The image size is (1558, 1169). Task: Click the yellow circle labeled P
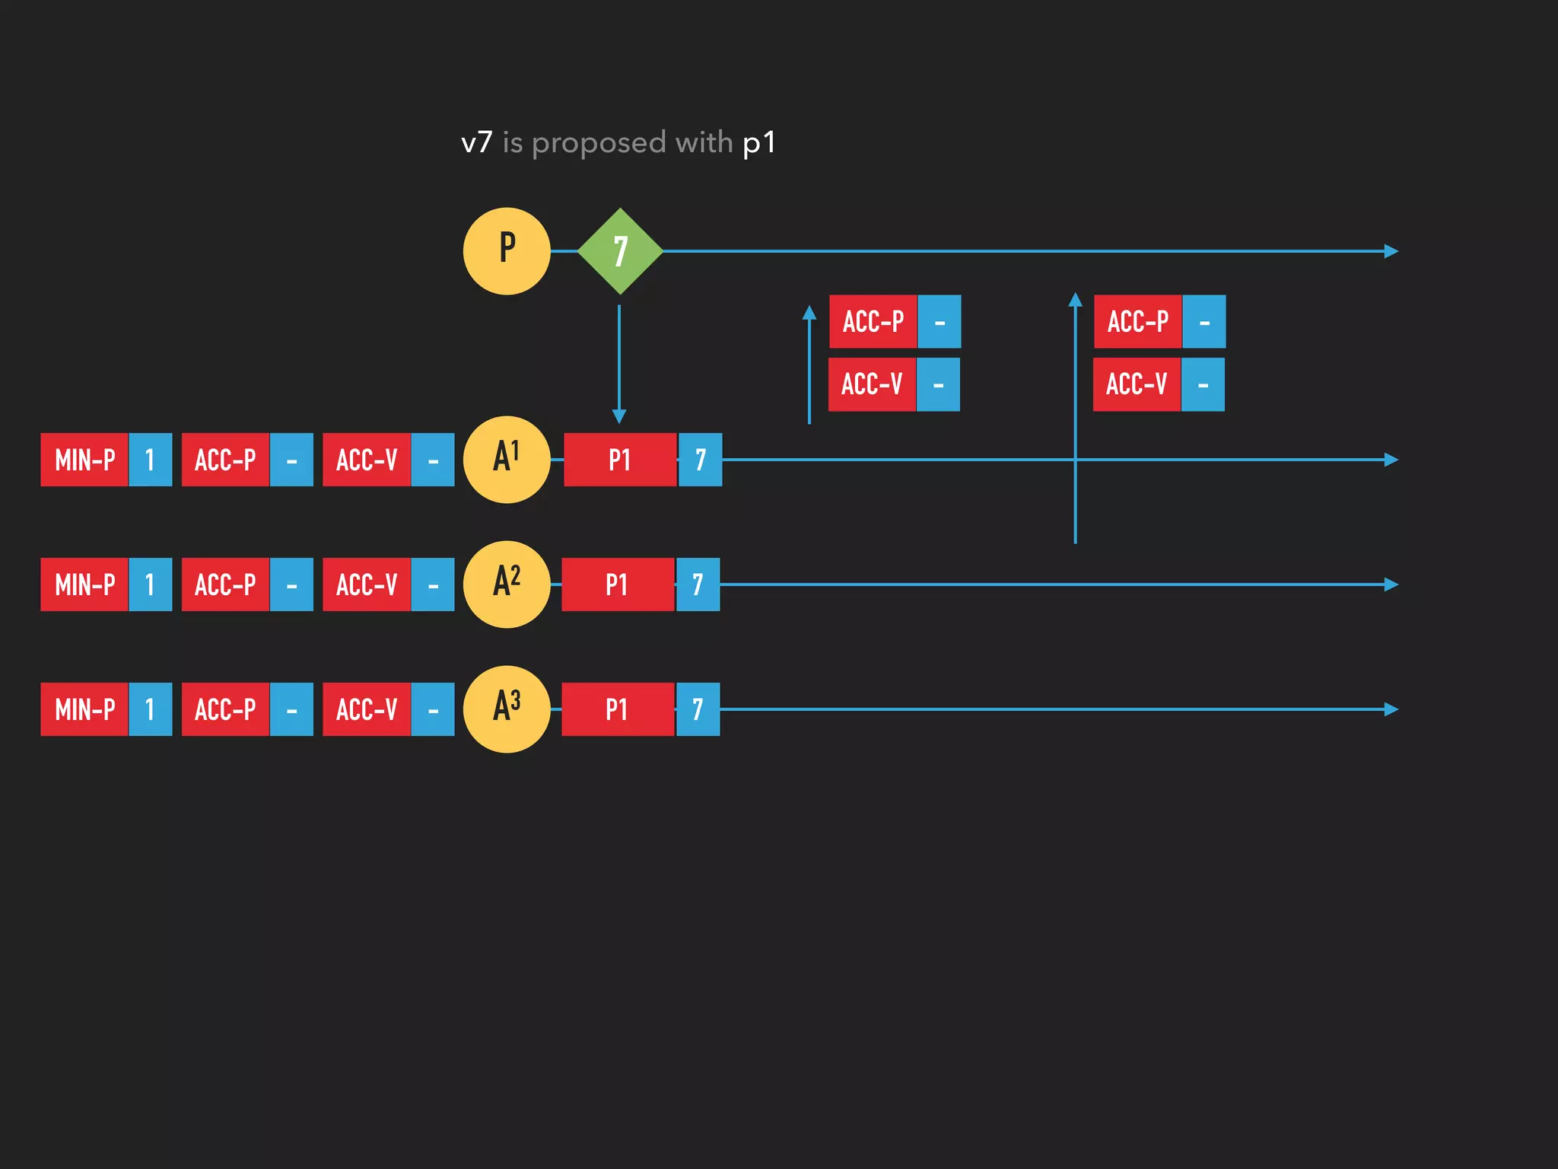[x=507, y=251]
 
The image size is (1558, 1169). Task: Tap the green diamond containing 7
[x=620, y=251]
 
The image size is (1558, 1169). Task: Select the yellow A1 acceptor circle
[x=507, y=460]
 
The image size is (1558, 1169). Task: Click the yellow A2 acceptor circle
[x=507, y=584]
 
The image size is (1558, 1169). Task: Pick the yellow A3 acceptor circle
[x=507, y=709]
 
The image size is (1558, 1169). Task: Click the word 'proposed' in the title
[x=599, y=143]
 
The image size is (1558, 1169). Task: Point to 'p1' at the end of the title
[x=758, y=143]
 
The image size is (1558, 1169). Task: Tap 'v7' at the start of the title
[x=477, y=143]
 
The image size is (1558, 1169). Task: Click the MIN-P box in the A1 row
[x=84, y=460]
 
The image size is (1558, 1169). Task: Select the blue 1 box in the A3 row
[x=150, y=709]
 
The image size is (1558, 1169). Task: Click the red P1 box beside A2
[x=617, y=584]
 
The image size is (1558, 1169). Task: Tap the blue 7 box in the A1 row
[x=700, y=460]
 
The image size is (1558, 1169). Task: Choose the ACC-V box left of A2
[x=367, y=584]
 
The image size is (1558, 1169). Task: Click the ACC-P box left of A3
[x=225, y=709]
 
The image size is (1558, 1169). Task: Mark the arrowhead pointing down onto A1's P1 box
[x=619, y=416]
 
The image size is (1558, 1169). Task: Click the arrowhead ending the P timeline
[x=1391, y=251]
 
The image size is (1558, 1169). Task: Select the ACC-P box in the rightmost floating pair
[x=1137, y=321]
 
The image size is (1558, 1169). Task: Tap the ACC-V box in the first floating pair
[x=872, y=384]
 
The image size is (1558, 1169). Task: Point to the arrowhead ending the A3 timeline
[x=1391, y=709]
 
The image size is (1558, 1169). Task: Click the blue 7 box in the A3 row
[x=698, y=709]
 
